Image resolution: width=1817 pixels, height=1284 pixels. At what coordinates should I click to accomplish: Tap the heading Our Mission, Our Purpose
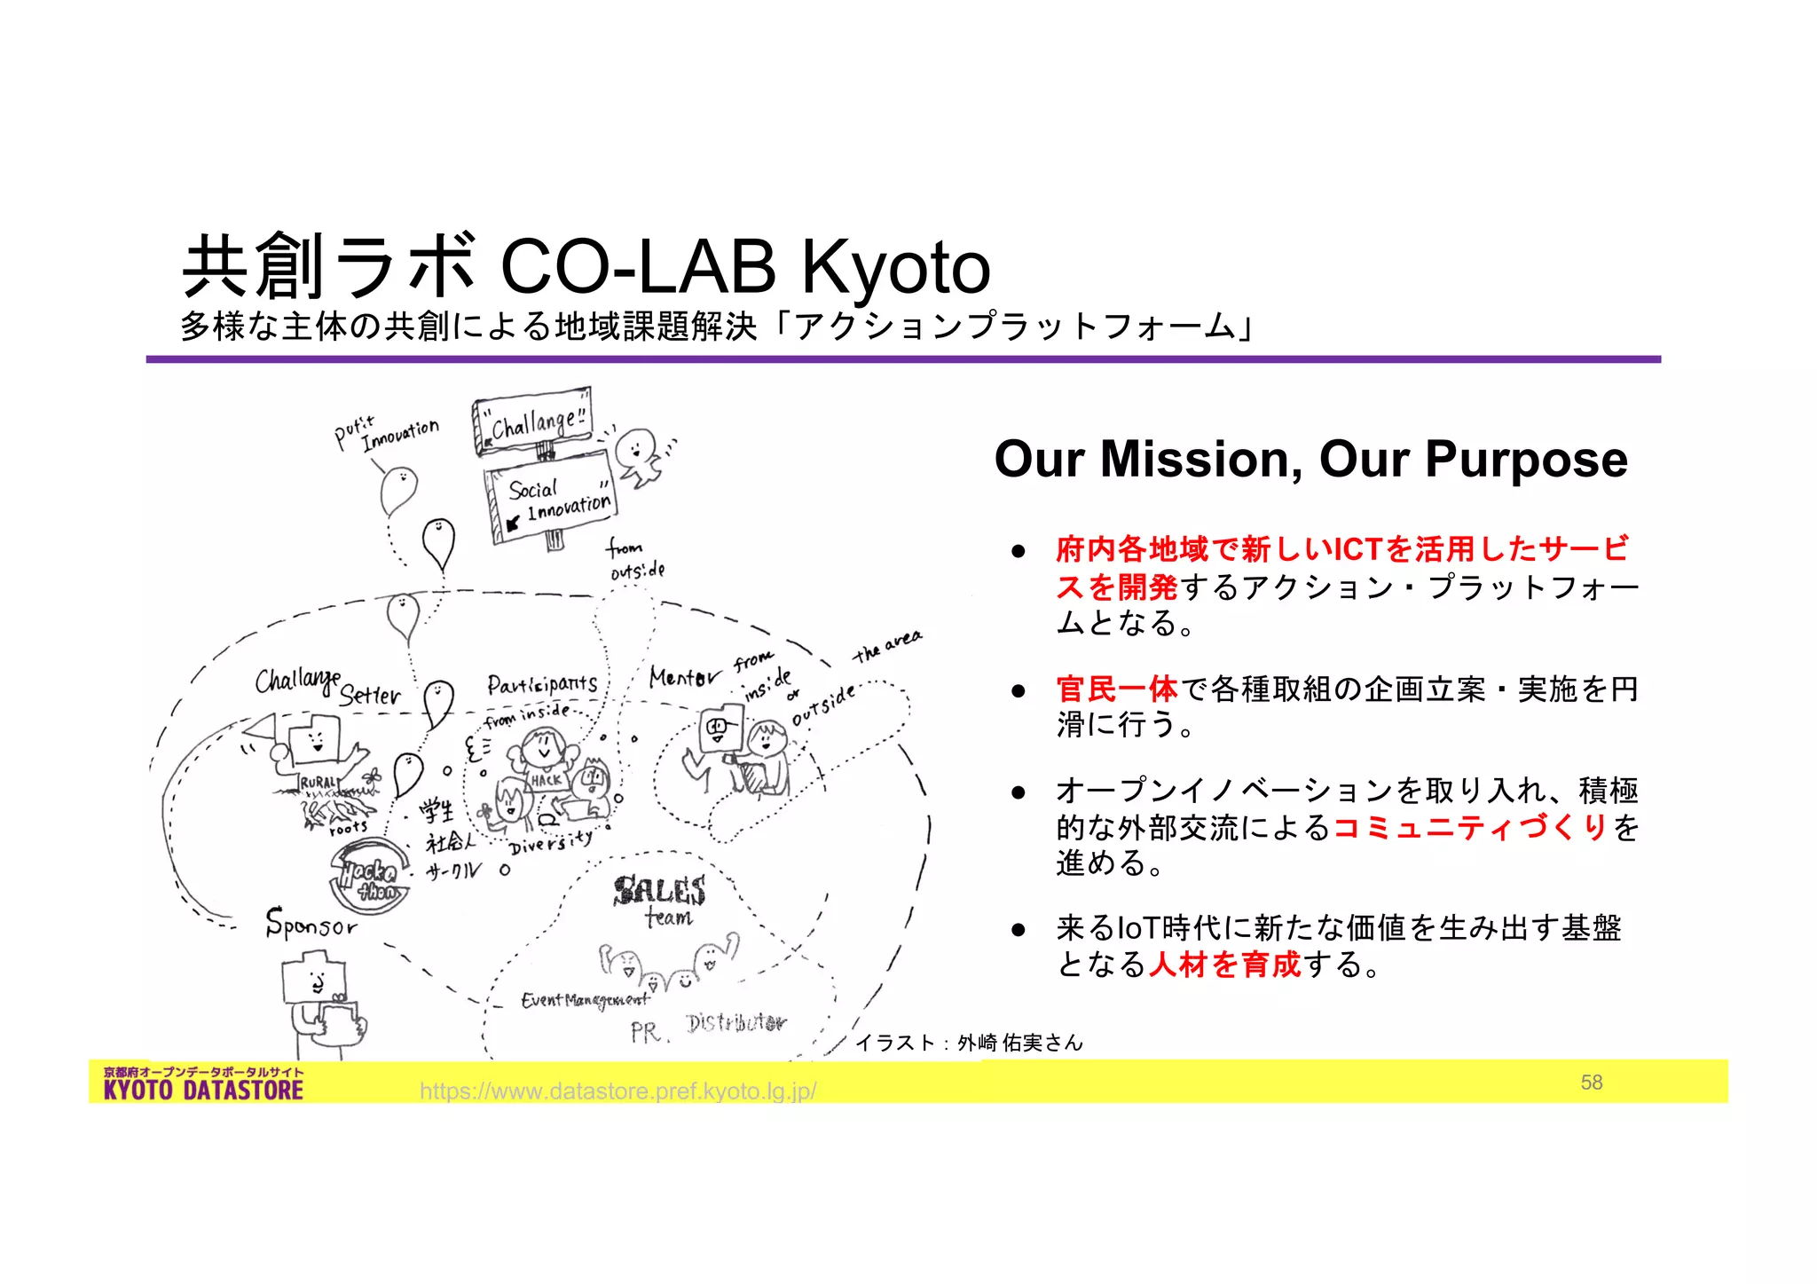pos(1310,459)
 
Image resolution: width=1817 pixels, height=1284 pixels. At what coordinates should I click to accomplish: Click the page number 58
pos(1591,1082)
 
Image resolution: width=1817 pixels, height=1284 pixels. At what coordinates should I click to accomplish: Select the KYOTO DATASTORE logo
pos(203,1083)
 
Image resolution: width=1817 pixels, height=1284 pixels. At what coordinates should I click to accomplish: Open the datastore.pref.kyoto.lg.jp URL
pos(617,1091)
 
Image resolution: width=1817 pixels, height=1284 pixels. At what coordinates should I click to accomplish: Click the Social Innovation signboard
pos(552,497)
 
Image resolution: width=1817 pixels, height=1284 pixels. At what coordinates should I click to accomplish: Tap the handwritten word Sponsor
pos(311,924)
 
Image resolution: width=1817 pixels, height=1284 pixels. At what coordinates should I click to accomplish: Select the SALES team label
pos(661,898)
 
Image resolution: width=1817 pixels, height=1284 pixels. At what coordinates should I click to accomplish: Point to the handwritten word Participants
pos(541,684)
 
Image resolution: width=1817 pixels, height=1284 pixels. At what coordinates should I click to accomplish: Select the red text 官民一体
pos(1116,689)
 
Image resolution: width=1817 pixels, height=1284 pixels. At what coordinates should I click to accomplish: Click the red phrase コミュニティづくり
pos(1470,827)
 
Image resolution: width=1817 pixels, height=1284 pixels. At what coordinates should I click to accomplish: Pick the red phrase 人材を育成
pos(1224,964)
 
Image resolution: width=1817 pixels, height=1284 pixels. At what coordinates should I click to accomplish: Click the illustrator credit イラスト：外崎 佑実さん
pos(969,1043)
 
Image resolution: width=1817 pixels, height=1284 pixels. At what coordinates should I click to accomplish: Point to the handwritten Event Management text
pos(585,1001)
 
